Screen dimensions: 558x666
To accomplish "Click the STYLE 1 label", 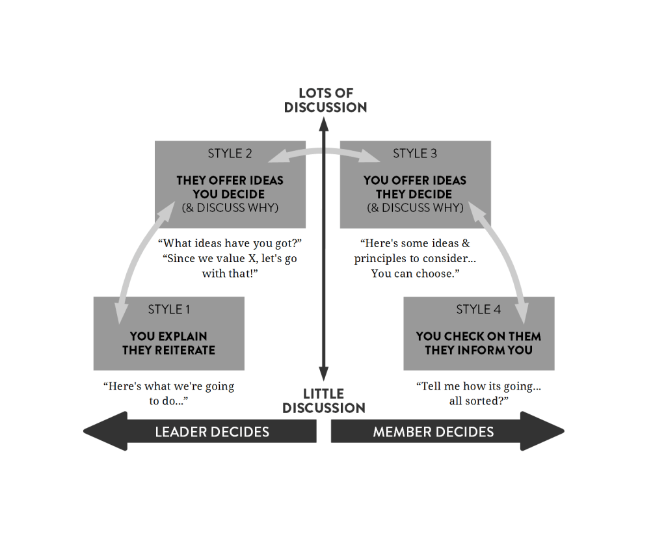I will pos(168,310).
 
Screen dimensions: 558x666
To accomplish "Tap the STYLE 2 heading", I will pos(230,153).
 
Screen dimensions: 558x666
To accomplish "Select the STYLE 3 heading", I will pos(414,153).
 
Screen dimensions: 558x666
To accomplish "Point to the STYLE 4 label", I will pos(478,310).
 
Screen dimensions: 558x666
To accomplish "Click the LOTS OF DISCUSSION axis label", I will pos(325,100).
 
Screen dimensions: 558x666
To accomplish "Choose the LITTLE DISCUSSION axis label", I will pos(323,401).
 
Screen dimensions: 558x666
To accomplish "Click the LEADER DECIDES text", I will pos(211,432).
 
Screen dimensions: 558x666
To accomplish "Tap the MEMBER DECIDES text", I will pos(433,432).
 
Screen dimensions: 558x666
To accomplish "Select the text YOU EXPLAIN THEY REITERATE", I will pos(168,343).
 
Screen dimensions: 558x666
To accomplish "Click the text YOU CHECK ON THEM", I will pos(478,336).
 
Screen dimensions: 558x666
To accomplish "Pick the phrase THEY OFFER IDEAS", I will pos(230,180).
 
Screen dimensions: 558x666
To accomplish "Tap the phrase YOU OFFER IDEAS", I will pos(414,180).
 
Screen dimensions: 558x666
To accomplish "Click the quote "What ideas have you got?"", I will pos(230,243).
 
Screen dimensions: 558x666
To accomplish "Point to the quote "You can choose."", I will pos(415,273).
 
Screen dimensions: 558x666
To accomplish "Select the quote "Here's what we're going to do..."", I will pos(168,393).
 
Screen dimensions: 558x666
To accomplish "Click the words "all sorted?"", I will pos(478,401).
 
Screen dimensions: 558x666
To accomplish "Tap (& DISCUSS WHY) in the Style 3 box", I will pos(415,208).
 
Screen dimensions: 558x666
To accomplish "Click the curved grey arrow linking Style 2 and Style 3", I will pos(323,150).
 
